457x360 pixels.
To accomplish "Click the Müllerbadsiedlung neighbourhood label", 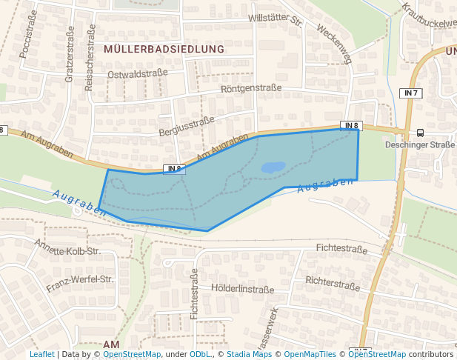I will tap(164, 49).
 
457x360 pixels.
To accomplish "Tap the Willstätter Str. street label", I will tap(276, 19).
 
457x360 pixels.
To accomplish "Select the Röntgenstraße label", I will tap(251, 88).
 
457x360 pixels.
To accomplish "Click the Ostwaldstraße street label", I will tap(137, 75).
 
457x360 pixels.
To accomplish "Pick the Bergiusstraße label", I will tap(186, 126).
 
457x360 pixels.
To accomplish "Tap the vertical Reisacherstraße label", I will tap(90, 58).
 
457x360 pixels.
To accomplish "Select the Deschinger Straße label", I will tap(419, 144).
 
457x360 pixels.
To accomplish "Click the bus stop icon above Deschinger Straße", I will tap(420, 133).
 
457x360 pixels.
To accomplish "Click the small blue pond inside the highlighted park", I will tap(273, 167).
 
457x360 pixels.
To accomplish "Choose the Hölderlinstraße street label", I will tap(242, 289).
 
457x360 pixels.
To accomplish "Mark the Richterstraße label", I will tap(333, 282).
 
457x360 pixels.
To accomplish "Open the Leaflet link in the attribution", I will tap(41, 354).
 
